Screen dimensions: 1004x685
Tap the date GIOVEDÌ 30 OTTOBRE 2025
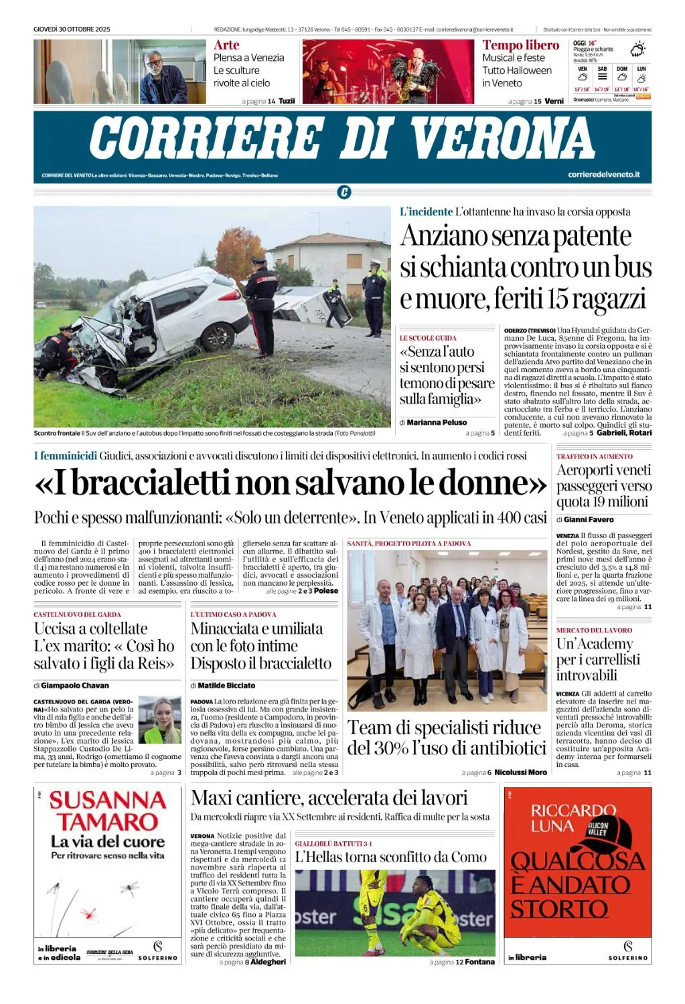72,29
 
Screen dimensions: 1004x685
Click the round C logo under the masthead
344,193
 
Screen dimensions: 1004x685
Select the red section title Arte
226,45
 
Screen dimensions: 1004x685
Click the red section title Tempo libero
520,45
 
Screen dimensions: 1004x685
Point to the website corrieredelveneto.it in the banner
603,175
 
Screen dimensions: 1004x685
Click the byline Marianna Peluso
437,422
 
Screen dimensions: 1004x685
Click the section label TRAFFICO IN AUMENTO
594,456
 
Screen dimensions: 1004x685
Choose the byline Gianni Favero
589,519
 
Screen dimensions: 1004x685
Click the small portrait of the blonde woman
160,720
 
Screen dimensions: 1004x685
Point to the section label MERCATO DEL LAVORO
594,631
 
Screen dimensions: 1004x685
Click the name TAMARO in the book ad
106,821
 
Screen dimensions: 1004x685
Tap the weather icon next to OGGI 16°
637,49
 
